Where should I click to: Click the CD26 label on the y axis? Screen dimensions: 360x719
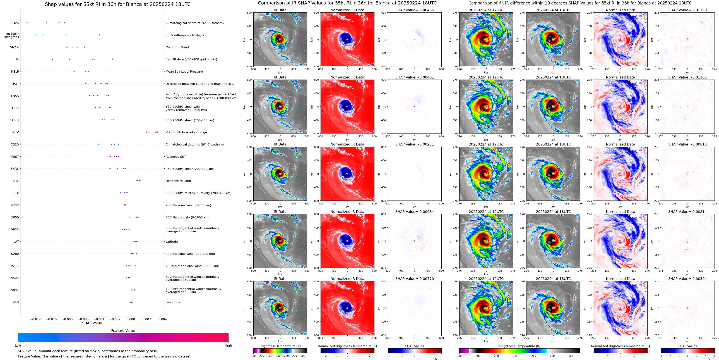click(15, 23)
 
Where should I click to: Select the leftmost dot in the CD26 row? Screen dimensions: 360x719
click(27, 23)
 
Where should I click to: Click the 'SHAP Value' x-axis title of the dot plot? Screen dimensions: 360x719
click(92, 323)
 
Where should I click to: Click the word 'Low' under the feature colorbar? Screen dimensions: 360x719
click(18, 345)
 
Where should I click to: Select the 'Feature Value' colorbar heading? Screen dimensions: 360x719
click(123, 331)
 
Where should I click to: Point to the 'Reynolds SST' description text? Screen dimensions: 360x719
click(175, 157)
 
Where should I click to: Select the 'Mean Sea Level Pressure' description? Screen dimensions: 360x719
click(184, 71)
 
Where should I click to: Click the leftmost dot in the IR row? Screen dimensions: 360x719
click(52, 59)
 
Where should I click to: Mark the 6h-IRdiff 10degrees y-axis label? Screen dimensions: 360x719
click(11, 35)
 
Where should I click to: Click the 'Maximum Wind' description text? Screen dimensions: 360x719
click(177, 47)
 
